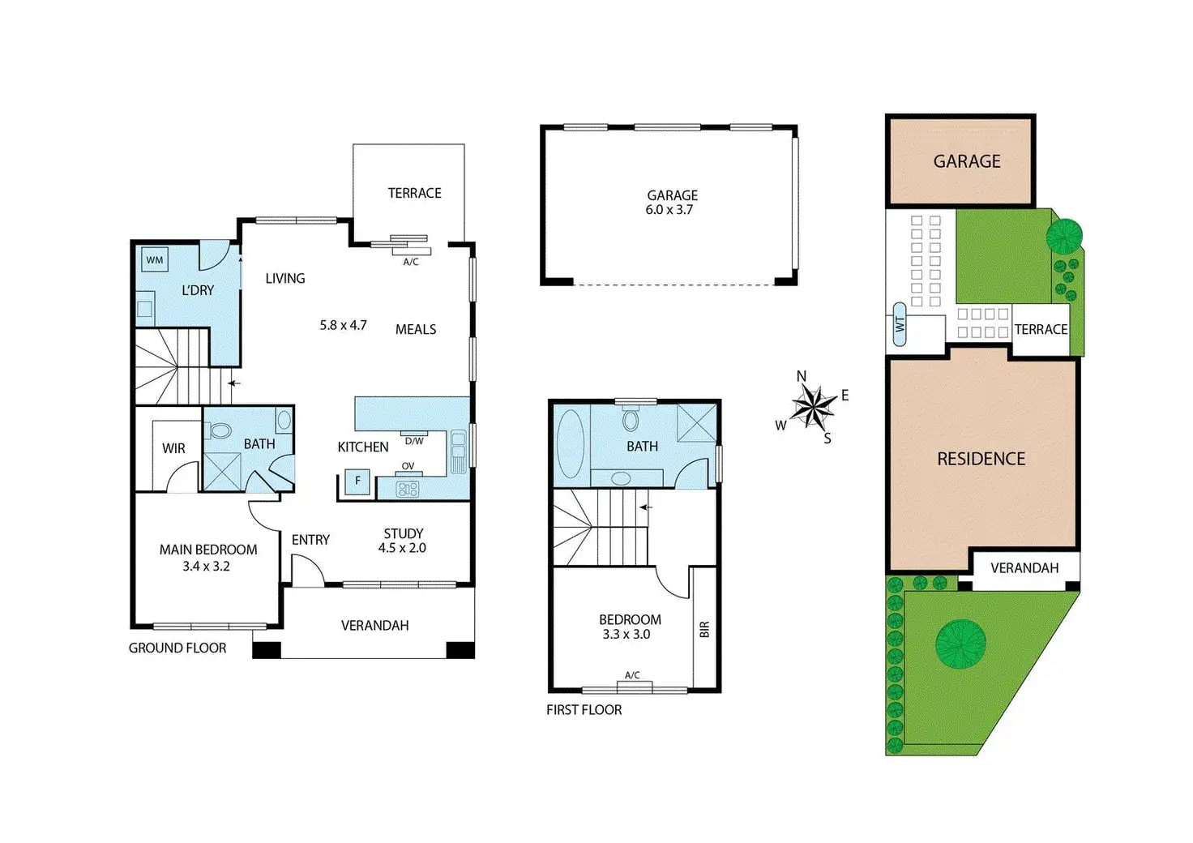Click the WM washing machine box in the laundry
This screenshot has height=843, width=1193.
tap(154, 260)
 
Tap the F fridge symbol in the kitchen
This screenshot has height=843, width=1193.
tap(357, 481)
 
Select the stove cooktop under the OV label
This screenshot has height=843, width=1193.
tap(408, 488)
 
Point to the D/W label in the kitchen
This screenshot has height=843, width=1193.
tap(414, 441)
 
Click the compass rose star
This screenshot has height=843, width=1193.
tap(812, 407)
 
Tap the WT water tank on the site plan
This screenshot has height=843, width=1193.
tap(899, 324)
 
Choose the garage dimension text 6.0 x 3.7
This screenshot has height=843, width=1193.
tap(669, 210)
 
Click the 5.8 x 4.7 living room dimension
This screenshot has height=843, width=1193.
tap(343, 325)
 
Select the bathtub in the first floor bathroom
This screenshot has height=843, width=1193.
tap(571, 443)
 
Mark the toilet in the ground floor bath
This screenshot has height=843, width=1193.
tap(220, 430)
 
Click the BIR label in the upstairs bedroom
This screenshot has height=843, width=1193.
tap(704, 629)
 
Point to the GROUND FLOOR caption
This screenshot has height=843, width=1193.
tap(177, 648)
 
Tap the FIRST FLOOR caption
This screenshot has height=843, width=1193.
tap(584, 709)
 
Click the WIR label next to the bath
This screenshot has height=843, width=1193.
tap(173, 448)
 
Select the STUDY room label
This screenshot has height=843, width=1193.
tap(404, 533)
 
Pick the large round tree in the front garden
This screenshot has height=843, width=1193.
tap(960, 644)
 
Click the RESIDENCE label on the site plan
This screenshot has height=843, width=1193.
tap(981, 459)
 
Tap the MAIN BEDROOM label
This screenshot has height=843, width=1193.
tap(208, 550)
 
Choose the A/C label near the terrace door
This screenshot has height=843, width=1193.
tap(411, 262)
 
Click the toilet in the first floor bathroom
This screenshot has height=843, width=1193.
tap(631, 421)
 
